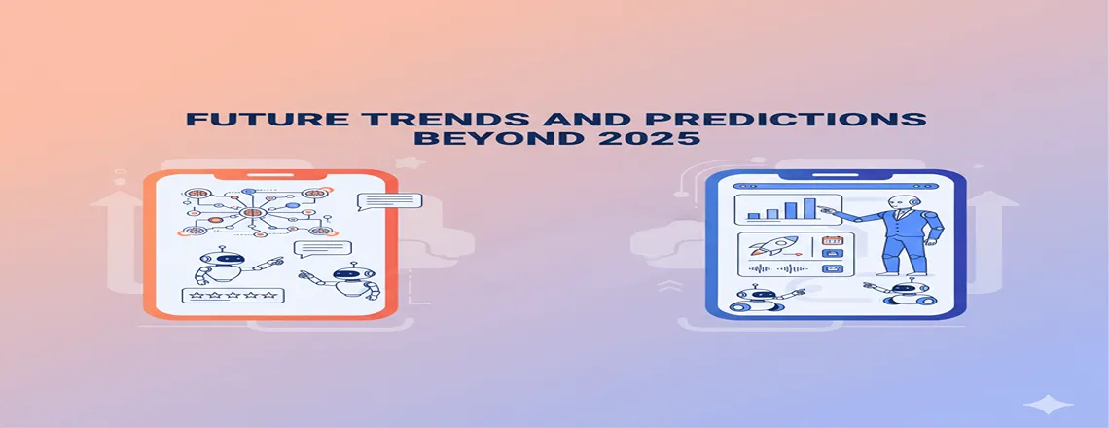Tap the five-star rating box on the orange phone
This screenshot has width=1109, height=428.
(231, 295)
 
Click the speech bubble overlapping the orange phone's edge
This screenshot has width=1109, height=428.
(389, 201)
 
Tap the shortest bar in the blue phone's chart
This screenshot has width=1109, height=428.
(752, 215)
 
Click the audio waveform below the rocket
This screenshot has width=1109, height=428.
(776, 269)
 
